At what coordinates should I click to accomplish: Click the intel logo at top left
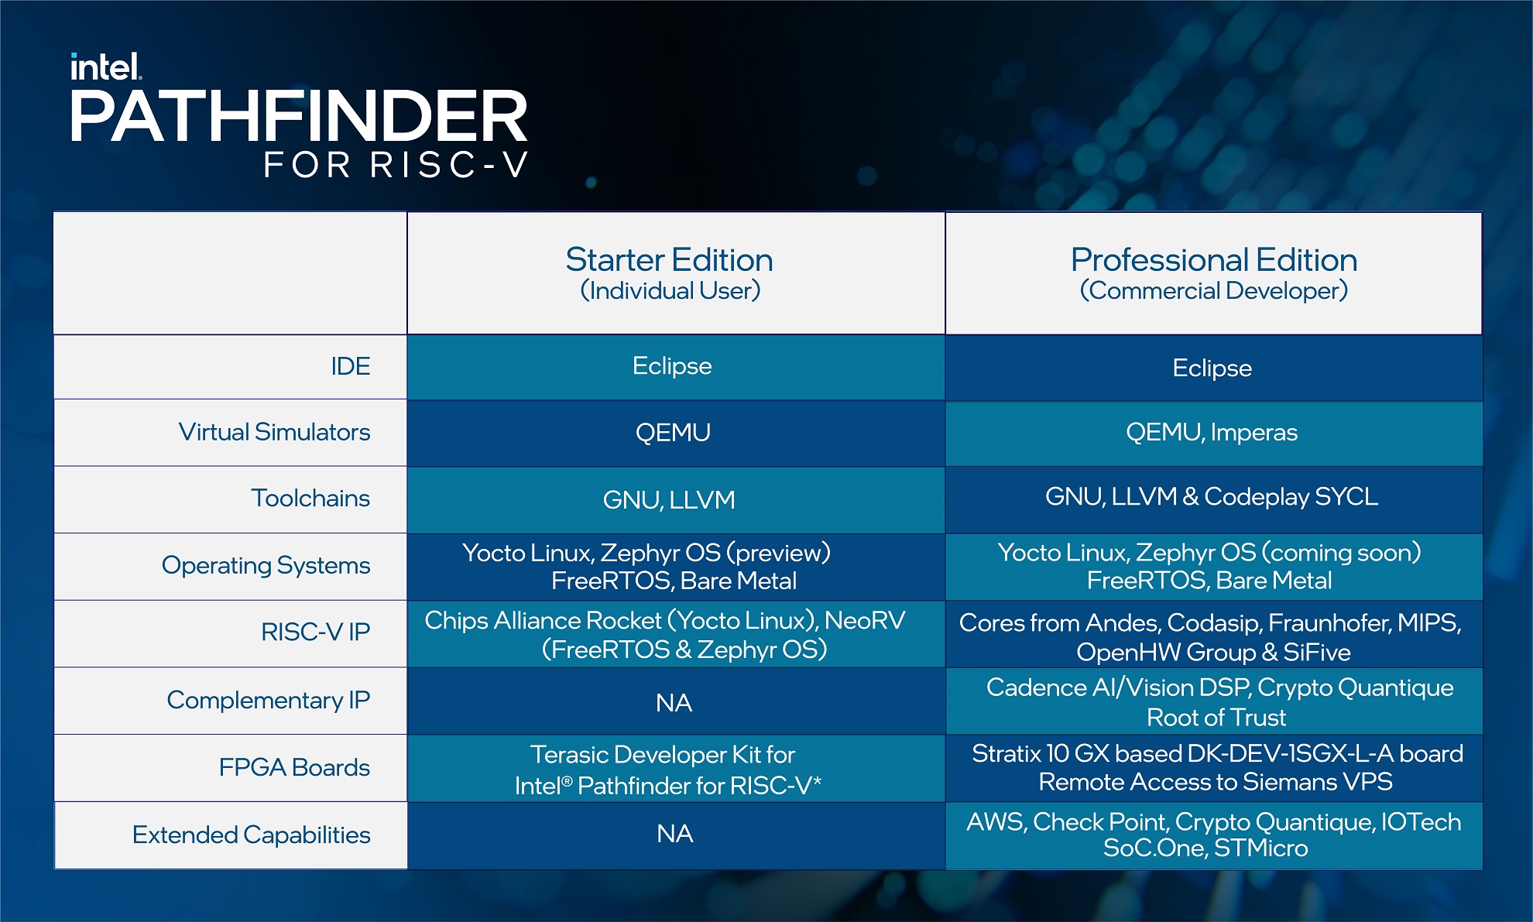(x=105, y=67)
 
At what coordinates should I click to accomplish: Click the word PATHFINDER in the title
(x=299, y=116)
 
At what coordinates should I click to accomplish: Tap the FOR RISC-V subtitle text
(x=396, y=165)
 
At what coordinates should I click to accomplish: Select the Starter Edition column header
(x=670, y=260)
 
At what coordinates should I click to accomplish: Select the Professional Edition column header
(x=1213, y=260)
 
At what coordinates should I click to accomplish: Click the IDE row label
(x=350, y=366)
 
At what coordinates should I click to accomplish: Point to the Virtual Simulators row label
(x=274, y=432)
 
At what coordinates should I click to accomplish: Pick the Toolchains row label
(x=310, y=498)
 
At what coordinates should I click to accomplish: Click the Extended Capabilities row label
(x=251, y=835)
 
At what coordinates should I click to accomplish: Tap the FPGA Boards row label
(x=293, y=767)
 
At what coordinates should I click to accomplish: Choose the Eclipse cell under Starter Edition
(x=671, y=365)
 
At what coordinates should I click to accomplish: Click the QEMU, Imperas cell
(x=1212, y=432)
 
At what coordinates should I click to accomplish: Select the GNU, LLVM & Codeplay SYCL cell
(x=1212, y=496)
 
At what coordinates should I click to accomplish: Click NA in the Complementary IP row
(x=674, y=703)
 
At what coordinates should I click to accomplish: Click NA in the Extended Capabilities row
(x=674, y=834)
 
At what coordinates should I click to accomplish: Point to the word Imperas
(x=1253, y=432)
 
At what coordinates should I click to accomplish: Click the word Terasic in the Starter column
(x=569, y=754)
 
